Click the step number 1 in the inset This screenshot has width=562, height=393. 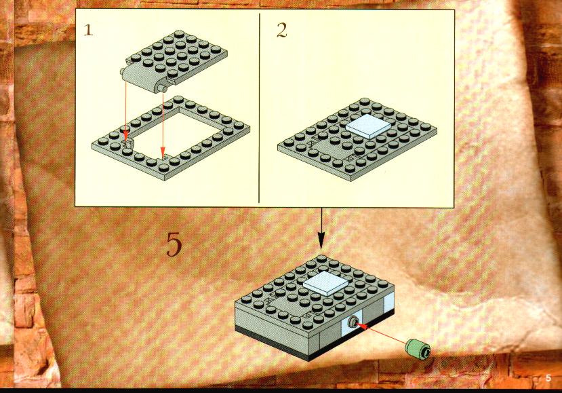pos(88,30)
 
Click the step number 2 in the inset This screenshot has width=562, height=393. pos(282,31)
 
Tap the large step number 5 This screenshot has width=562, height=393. pos(174,244)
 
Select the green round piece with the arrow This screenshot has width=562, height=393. pos(418,348)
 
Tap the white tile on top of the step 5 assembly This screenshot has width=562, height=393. pos(325,283)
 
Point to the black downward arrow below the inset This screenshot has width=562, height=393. pos(321,229)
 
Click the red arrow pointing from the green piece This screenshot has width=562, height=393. pos(381,333)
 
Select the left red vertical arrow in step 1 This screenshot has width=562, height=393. pos(126,111)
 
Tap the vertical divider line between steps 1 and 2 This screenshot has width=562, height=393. pos(259,108)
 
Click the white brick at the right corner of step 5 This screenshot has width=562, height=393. pos(389,301)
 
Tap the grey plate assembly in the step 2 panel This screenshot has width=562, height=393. pos(357,139)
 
